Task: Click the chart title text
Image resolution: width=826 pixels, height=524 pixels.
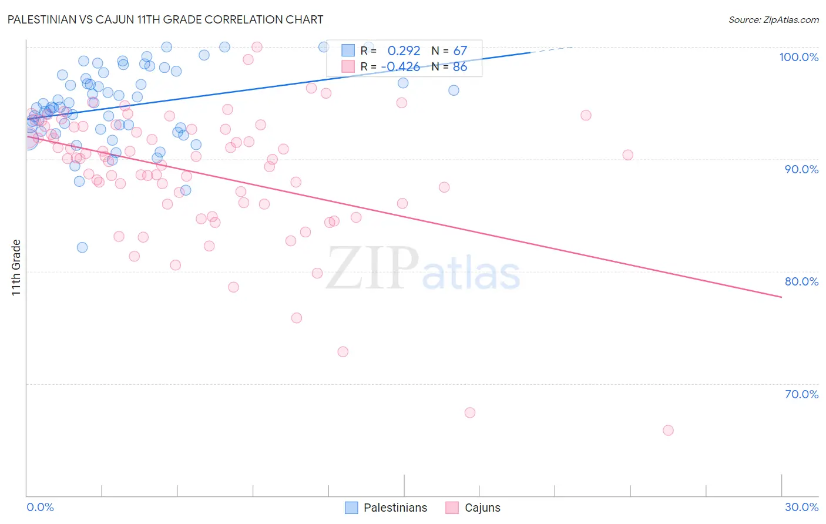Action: coord(165,19)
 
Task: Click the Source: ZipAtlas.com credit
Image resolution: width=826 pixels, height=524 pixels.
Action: coord(773,20)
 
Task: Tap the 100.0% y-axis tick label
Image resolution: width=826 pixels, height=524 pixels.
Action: coord(798,57)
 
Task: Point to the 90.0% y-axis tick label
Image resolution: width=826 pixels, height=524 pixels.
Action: coord(801,169)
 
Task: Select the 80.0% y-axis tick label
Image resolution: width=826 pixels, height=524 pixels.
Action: coord(801,281)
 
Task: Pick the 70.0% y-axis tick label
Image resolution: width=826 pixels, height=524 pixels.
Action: coord(801,394)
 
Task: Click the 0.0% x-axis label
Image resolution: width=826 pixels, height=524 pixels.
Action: coord(40,507)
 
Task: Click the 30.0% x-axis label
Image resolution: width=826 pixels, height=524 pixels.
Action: coord(801,507)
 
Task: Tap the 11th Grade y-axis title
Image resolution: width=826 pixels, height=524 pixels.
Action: coord(16,267)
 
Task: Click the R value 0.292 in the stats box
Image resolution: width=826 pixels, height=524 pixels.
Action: coord(404,51)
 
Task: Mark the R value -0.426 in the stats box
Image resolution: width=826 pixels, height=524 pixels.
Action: coord(400,66)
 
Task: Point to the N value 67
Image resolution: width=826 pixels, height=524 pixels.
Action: coord(460,51)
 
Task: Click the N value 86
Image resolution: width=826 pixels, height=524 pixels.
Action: coord(460,66)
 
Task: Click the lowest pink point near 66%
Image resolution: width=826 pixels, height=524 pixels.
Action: coord(668,431)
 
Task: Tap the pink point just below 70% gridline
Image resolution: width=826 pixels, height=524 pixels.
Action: coord(470,413)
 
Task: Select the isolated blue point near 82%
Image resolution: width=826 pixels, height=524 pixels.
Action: coord(82,247)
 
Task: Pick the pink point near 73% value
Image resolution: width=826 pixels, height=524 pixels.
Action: coord(343,352)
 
